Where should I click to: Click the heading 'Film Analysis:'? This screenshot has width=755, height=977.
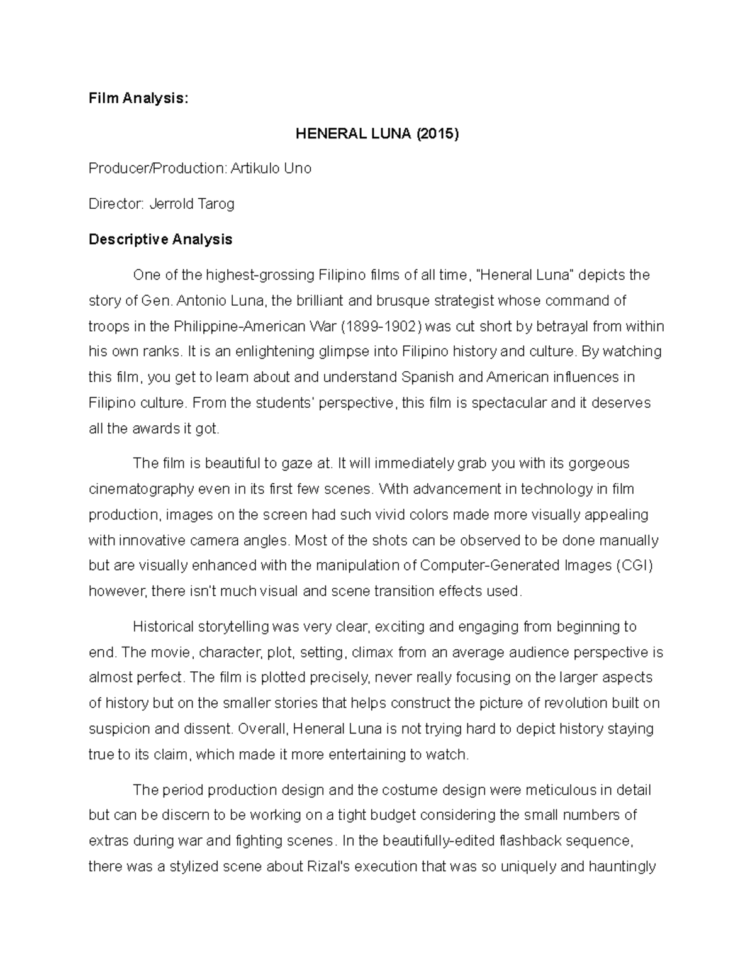pos(138,98)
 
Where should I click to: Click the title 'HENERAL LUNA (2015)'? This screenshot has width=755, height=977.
pos(377,133)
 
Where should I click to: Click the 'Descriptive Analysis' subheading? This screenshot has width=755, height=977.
pos(160,239)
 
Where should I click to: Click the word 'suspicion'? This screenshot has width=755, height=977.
pos(119,729)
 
